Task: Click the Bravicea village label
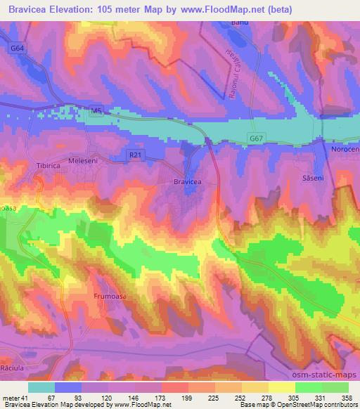[188, 181]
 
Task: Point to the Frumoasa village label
[108, 297]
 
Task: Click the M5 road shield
[96, 110]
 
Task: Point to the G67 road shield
[258, 140]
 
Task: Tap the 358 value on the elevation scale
[347, 397]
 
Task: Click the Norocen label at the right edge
[345, 150]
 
